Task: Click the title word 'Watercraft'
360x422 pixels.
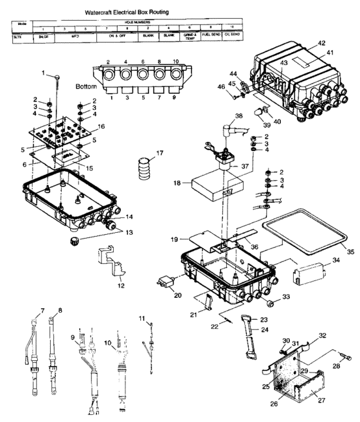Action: pos(104,12)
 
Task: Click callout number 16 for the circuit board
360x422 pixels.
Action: pos(100,127)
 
